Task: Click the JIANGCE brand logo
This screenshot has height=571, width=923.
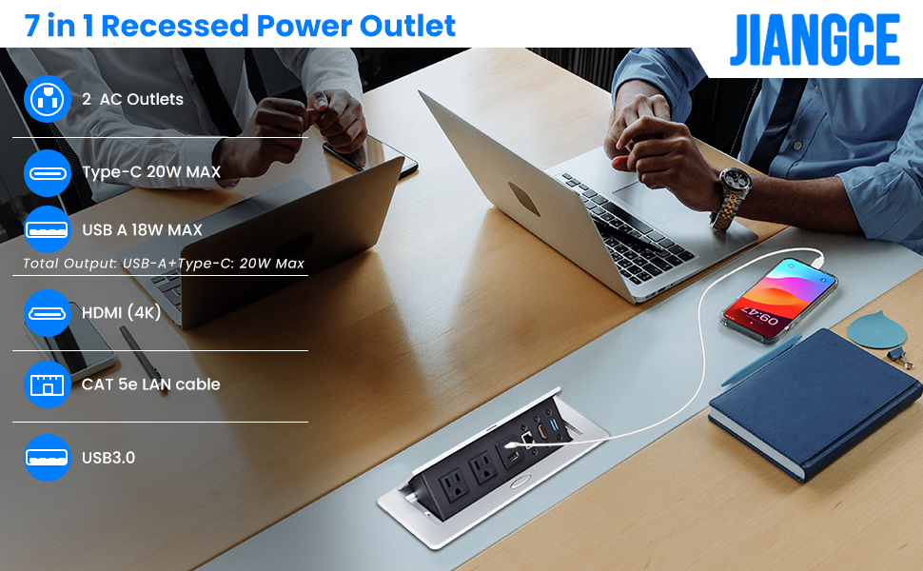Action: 815,39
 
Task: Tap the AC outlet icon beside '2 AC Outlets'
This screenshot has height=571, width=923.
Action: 47,99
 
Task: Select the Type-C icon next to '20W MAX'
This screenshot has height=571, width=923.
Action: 47,172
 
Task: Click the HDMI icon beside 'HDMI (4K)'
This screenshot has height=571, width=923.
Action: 47,312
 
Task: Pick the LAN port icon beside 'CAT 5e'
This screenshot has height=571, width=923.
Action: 47,384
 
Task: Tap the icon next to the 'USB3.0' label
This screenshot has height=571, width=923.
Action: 47,458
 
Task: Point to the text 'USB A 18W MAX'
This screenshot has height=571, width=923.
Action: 142,229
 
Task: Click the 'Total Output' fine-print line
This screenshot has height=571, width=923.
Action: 164,264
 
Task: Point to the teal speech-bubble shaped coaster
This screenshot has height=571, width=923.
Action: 876,329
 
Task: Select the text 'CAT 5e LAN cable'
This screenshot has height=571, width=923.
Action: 150,384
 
